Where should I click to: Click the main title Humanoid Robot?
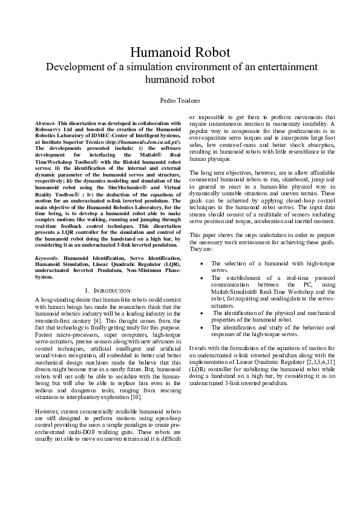180,53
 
